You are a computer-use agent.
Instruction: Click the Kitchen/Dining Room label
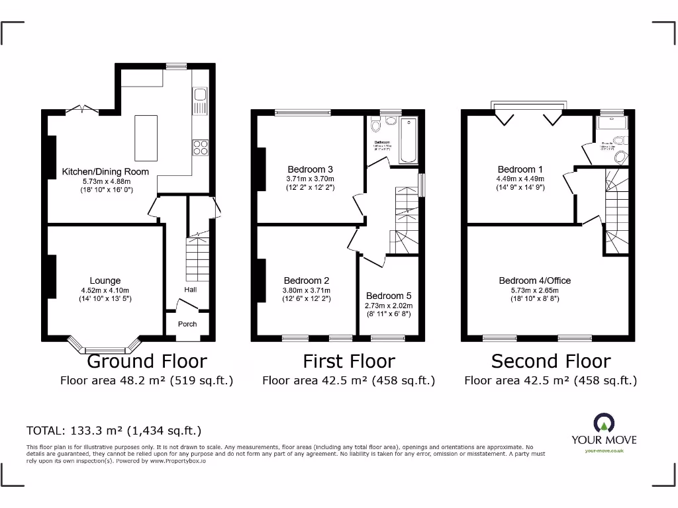coord(105,172)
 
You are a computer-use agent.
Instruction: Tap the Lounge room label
coord(105,280)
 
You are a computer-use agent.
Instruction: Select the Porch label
coord(187,324)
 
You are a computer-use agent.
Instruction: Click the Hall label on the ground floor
coord(190,289)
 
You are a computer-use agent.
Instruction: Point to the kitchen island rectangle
coord(146,138)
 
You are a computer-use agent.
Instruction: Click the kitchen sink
coord(199,101)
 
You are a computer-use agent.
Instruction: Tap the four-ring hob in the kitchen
coord(200,148)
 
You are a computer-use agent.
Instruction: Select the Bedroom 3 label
coord(310,169)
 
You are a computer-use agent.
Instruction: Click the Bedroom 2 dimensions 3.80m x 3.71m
coord(307,290)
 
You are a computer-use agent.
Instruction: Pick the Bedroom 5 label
coord(389,296)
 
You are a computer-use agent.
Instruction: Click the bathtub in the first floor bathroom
coord(409,140)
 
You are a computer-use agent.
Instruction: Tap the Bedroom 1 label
coord(520,169)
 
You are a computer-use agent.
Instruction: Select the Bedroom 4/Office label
coord(534,280)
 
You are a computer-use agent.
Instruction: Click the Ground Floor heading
coord(147,361)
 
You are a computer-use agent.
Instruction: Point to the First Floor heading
coord(349,361)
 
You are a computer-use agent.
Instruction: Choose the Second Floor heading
coord(551,361)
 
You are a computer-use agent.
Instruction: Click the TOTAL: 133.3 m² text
coord(113,431)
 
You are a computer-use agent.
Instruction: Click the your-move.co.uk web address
coord(604,451)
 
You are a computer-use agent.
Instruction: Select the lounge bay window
coord(105,345)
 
